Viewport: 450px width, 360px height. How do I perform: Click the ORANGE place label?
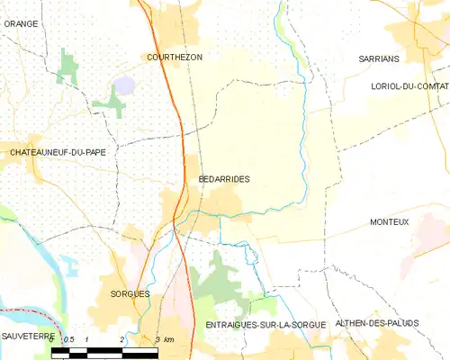tap(21, 23)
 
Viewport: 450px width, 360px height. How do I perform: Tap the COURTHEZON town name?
tap(174, 57)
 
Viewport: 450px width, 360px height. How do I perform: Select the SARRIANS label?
tap(378, 57)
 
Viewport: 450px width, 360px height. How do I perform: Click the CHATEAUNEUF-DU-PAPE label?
tap(58, 152)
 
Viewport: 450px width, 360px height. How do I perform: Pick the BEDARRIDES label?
tap(223, 179)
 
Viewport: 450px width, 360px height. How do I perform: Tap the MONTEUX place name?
tap(389, 221)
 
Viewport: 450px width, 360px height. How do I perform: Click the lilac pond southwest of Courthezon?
tap(123, 85)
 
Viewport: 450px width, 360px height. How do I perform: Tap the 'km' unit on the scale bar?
tap(168, 339)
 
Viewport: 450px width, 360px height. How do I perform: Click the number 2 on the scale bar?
tap(121, 339)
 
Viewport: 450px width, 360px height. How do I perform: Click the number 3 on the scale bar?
tap(157, 339)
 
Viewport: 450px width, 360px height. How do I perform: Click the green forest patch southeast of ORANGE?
tap(68, 67)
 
